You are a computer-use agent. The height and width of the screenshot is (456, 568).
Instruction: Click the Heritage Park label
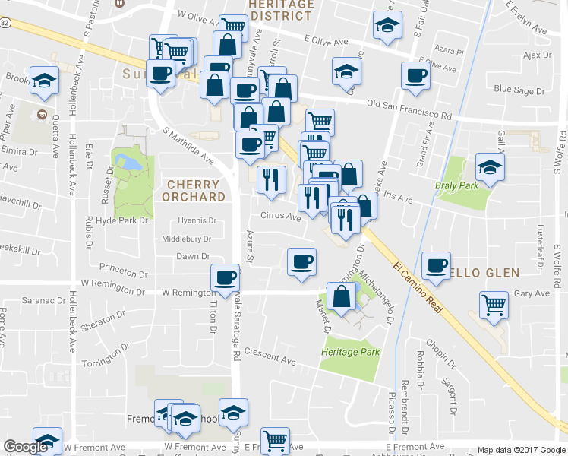pos(350,352)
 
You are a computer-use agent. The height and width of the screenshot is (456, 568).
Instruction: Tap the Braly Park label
pos(456,185)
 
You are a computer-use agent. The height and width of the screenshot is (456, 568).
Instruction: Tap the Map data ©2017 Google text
pos(520,450)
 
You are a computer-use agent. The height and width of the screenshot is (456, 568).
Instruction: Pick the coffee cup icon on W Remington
pos(226,278)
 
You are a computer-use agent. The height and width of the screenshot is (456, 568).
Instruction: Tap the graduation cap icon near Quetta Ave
pos(45,81)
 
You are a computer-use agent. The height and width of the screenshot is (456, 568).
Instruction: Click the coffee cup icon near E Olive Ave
pos(416,75)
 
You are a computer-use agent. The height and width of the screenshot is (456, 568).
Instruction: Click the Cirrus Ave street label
pos(282,216)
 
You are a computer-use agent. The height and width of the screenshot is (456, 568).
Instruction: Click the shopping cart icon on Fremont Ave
pos(275,440)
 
